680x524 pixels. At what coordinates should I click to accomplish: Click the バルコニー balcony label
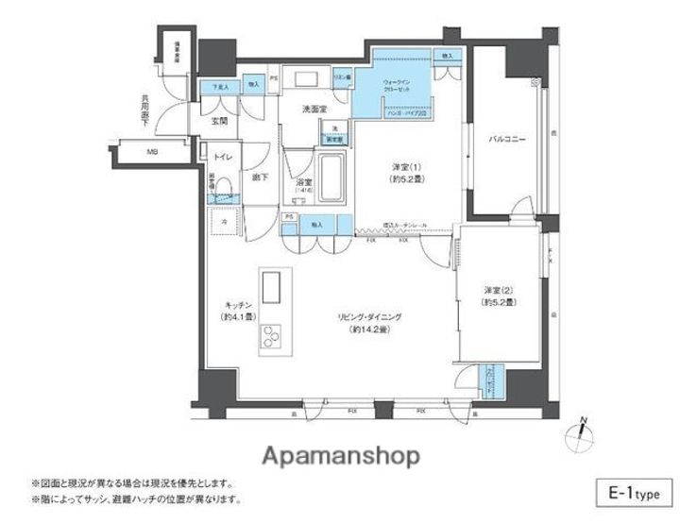(506, 140)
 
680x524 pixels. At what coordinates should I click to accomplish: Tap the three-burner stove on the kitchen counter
(272, 336)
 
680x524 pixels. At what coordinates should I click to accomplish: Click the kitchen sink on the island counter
(272, 284)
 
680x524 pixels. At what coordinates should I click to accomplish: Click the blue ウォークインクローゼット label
(397, 87)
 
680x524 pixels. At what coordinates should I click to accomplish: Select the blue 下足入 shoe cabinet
(221, 87)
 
